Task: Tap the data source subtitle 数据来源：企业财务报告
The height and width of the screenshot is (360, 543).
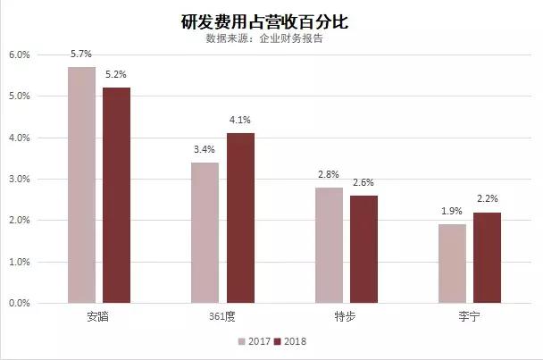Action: point(271,39)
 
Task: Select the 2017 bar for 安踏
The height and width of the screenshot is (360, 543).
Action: point(81,185)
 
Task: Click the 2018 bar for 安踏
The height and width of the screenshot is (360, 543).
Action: point(116,195)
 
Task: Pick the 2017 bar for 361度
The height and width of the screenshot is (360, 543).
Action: point(205,232)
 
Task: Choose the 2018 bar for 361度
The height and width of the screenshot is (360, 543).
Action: point(239,218)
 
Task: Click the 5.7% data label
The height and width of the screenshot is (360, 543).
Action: point(81,55)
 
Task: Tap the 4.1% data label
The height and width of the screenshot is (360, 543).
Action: point(239,121)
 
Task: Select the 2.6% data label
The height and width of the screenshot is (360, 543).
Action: point(363,183)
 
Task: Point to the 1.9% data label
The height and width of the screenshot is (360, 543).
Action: point(452,213)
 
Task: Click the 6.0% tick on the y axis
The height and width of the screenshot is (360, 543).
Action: point(20,54)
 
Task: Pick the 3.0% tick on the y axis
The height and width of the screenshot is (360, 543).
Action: point(20,179)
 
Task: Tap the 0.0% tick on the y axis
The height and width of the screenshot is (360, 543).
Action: point(20,304)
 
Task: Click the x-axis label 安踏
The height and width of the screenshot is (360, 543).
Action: point(98,316)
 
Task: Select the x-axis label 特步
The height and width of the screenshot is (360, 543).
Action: point(346,316)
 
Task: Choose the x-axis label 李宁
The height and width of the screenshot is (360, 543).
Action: point(469,316)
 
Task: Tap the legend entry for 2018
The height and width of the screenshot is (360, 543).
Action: point(290,342)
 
